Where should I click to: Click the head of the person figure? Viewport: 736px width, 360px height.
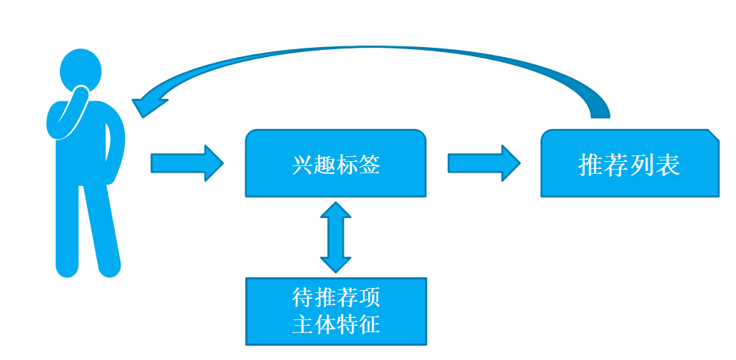pyautogui.click(x=80, y=68)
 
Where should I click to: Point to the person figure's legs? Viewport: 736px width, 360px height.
pyautogui.click(x=88, y=228)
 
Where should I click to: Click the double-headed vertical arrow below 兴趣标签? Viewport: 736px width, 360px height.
pyautogui.click(x=336, y=237)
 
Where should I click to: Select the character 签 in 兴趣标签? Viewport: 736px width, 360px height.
pyautogui.click(x=369, y=165)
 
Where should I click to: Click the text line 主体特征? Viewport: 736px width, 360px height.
pyautogui.click(x=336, y=324)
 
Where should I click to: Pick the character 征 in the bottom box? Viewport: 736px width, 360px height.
pyautogui.click(x=369, y=324)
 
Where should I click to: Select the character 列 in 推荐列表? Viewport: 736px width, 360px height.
pyautogui.click(x=642, y=165)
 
